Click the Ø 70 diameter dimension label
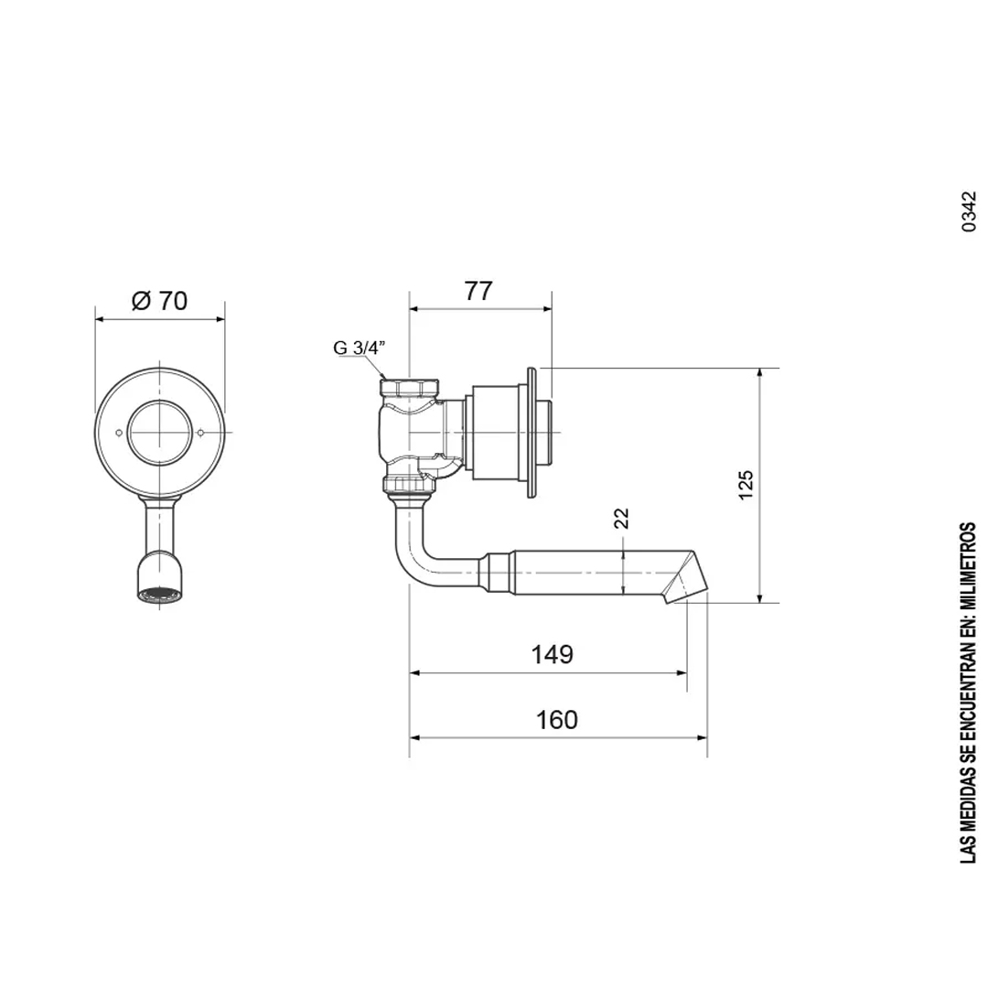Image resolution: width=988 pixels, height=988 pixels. (159, 300)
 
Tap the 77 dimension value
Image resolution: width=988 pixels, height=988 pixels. (478, 291)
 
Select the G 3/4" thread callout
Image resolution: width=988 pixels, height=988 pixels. (360, 348)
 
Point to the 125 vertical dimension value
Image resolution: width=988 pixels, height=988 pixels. (746, 484)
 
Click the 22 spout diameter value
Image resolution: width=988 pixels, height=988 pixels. (622, 519)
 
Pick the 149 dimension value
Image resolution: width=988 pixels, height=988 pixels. (552, 654)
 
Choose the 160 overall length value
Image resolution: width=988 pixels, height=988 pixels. (556, 719)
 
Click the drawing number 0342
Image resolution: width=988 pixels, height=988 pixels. (970, 211)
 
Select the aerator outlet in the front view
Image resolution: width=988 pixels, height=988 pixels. (160, 594)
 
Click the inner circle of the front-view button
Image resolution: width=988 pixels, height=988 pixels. (160, 432)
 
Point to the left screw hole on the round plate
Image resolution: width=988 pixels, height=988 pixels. (119, 433)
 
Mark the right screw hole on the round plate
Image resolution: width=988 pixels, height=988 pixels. (201, 433)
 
